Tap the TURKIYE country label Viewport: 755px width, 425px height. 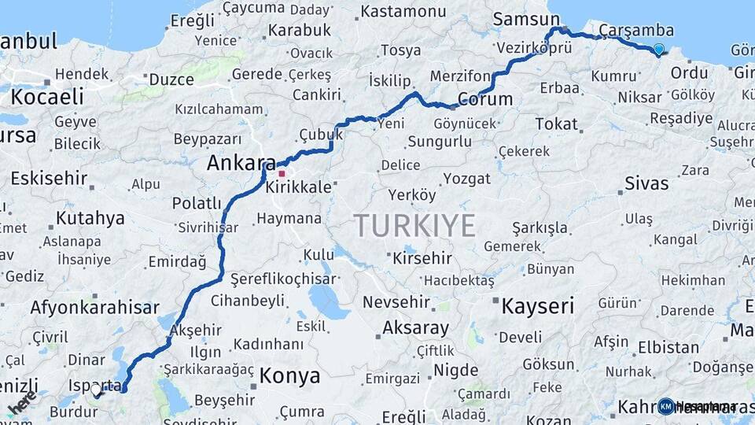click(414, 225)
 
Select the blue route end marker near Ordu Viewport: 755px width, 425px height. click(658, 50)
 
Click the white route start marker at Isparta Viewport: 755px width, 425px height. click(96, 389)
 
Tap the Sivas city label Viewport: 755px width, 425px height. click(646, 183)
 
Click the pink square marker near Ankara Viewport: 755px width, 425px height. click(282, 173)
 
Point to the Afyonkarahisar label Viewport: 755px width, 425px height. click(94, 307)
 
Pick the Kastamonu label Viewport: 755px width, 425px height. click(403, 11)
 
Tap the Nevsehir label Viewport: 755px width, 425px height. click(396, 301)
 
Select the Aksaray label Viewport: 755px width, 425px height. click(415, 327)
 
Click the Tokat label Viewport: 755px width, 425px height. click(556, 124)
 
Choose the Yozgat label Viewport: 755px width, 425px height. click(466, 179)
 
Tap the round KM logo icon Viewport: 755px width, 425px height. click(665, 406)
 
